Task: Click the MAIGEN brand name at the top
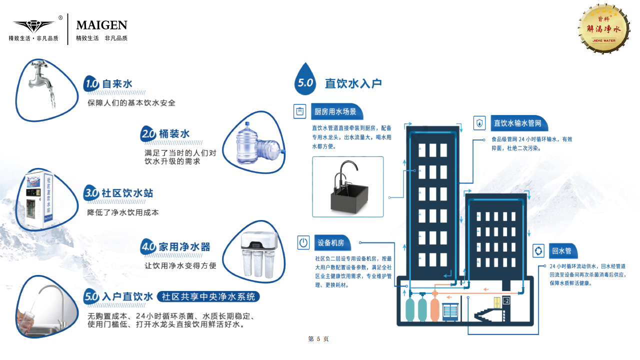pyautogui.click(x=101, y=25)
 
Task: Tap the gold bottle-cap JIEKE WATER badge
pyautogui.click(x=603, y=29)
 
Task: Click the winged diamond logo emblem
pyautogui.click(x=33, y=25)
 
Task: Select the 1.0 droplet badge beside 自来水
pyautogui.click(x=91, y=84)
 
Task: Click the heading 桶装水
pyautogui.click(x=174, y=134)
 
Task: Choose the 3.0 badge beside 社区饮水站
pyautogui.click(x=91, y=193)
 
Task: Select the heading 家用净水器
pyautogui.click(x=184, y=246)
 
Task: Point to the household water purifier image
pyautogui.click(x=256, y=254)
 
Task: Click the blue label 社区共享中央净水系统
pyautogui.click(x=208, y=296)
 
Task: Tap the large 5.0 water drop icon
pyautogui.click(x=305, y=80)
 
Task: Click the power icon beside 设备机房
pyautogui.click(x=303, y=243)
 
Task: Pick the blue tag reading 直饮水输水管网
pyautogui.click(x=518, y=123)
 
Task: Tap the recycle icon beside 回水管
pyautogui.click(x=538, y=250)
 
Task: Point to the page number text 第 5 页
pyautogui.click(x=318, y=339)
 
